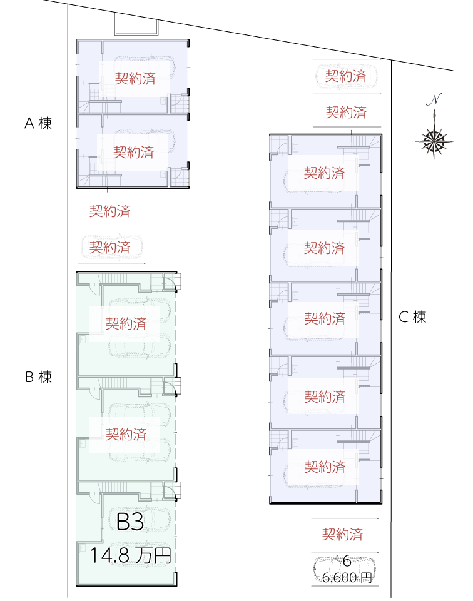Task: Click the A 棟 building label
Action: click(x=38, y=123)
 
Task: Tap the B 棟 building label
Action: click(x=38, y=377)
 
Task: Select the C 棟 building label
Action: click(x=412, y=317)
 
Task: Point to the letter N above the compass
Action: click(x=434, y=99)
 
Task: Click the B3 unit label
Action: click(x=131, y=522)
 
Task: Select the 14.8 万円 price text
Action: click(x=130, y=555)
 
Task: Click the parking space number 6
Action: click(x=347, y=561)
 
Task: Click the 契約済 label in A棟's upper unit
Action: click(x=135, y=78)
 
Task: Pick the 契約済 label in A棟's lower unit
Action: click(x=133, y=152)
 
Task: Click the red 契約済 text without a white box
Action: click(x=109, y=211)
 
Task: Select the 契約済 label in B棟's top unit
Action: click(x=126, y=324)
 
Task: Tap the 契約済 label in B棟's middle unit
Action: click(x=126, y=434)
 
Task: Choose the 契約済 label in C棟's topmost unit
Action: click(x=324, y=173)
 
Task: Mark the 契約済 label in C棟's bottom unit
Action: click(x=325, y=467)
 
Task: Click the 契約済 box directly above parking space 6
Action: click(x=342, y=535)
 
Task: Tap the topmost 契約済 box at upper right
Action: click(x=345, y=76)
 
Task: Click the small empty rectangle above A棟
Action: click(x=136, y=24)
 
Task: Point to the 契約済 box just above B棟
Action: click(x=109, y=248)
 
